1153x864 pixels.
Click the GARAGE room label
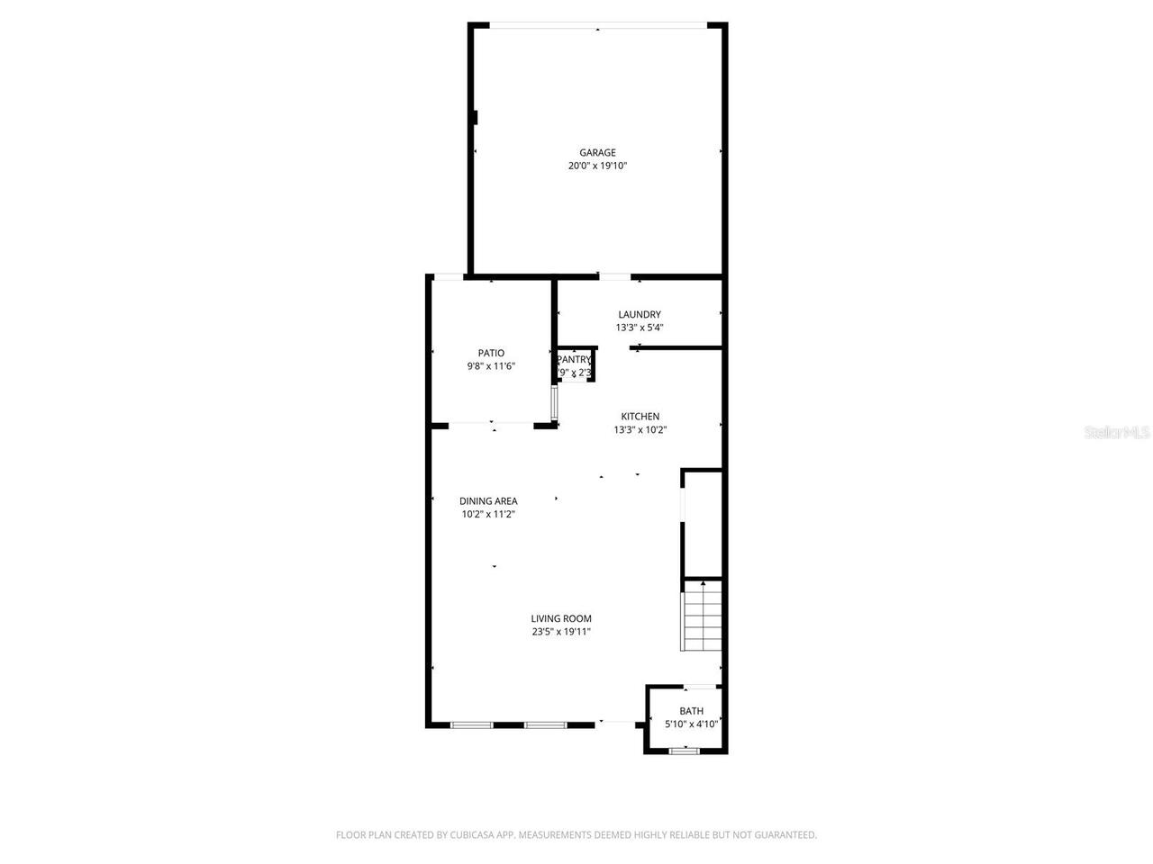[x=597, y=153]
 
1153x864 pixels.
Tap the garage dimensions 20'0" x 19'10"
[x=597, y=166]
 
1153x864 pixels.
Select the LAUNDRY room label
[x=640, y=315]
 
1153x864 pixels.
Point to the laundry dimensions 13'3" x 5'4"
[x=640, y=328]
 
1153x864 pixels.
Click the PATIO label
[x=491, y=353]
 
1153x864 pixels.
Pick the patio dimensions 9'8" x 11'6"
[x=491, y=366]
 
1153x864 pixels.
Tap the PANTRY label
[x=574, y=360]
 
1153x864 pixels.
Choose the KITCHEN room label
[x=640, y=417]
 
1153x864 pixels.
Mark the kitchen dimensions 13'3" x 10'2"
[x=640, y=430]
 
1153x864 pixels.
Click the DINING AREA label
[x=488, y=501]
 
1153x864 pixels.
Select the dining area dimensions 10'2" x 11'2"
[x=488, y=515]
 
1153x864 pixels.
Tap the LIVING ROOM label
[x=561, y=618]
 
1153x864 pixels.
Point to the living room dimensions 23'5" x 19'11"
[x=561, y=632]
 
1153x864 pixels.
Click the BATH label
[x=692, y=711]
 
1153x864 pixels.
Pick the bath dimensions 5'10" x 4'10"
[x=692, y=724]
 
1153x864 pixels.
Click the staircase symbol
[x=703, y=616]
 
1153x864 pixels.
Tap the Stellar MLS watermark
[x=1117, y=433]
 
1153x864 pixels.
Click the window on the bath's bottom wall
[x=685, y=751]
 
